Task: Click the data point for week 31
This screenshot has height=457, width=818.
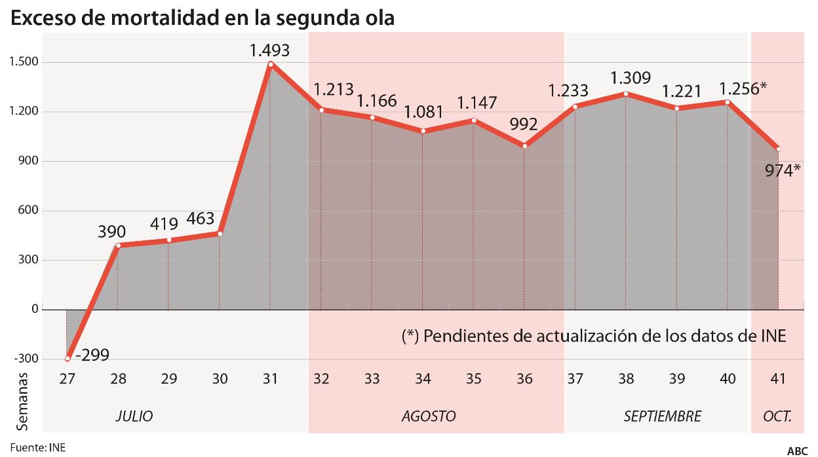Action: [x=270, y=64]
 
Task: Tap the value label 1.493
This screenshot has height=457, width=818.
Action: [x=269, y=50]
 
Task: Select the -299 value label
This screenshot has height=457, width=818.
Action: [x=91, y=356]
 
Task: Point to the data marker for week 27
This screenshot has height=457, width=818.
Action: [x=68, y=359]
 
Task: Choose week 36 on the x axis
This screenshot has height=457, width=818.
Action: [x=524, y=379]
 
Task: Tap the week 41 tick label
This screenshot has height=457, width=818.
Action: [x=778, y=379]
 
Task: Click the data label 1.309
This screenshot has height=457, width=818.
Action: [x=630, y=78]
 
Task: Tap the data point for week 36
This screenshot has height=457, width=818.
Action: [x=524, y=146]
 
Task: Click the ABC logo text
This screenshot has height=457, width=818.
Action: [x=797, y=450]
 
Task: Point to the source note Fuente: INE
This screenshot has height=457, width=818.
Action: [x=37, y=448]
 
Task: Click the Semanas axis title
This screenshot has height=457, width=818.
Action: [x=22, y=401]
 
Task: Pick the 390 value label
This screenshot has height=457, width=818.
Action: [x=112, y=232]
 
